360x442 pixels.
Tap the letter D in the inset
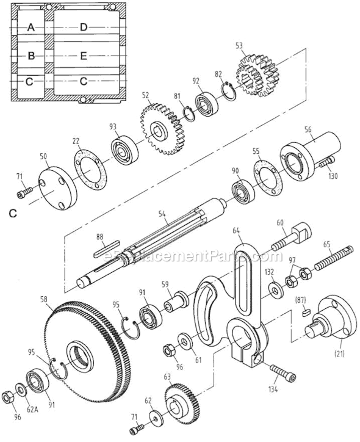84,27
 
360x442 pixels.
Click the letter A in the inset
31,27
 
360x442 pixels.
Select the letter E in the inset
84,55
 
